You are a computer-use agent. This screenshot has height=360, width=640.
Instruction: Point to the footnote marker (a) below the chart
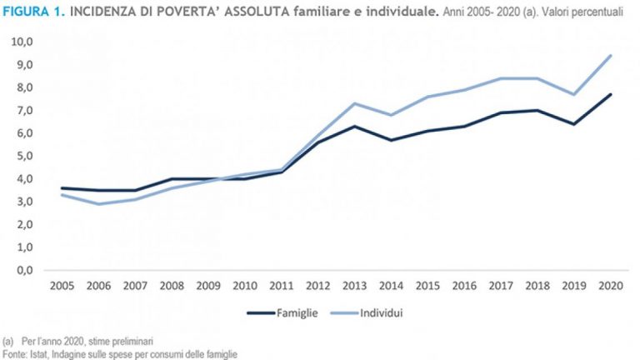[x=8, y=342]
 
